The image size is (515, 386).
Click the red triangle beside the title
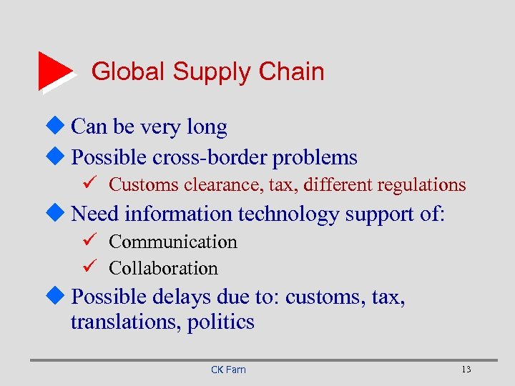54,70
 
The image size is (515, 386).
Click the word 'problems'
315,157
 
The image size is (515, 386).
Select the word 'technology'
290,214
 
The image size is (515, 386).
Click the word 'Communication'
172,242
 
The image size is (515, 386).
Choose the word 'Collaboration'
163,269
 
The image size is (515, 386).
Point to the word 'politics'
221,322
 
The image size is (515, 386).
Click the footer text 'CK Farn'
228,370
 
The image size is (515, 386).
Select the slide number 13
466,370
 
